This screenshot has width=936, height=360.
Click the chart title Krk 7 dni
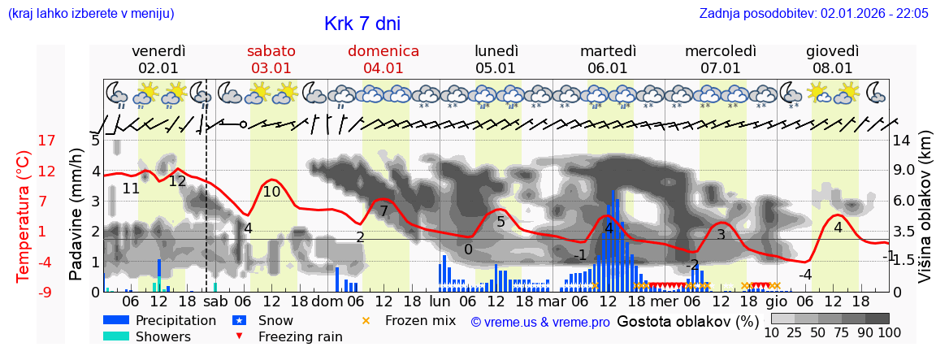coord(362,24)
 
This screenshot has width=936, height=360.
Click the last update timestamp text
coord(813,13)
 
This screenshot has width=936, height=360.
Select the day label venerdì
coord(158,50)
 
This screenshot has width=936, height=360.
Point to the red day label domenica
coord(383,50)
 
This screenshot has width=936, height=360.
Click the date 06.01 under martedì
coord(608,68)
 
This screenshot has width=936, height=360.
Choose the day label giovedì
coord(833,50)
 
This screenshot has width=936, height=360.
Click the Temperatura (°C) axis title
coord(24,216)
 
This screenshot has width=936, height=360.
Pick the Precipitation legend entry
coord(175,320)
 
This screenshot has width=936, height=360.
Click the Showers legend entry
coord(163,336)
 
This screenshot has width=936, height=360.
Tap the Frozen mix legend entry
coord(420,320)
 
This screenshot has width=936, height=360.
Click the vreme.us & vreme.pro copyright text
coord(540,322)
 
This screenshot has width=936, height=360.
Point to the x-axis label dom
coord(327,301)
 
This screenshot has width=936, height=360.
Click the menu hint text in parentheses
coord(90,13)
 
